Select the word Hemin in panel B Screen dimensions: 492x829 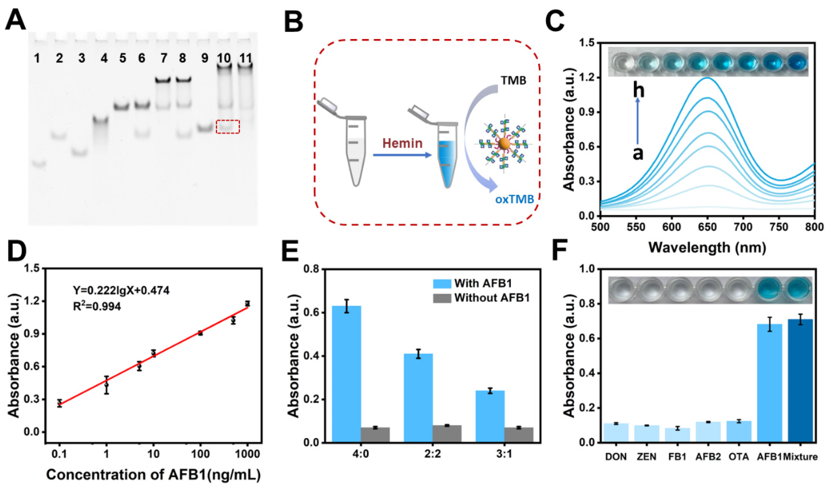(403, 143)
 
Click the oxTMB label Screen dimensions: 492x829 (514, 199)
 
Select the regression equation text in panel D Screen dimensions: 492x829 (121, 291)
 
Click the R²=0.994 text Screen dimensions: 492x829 (97, 307)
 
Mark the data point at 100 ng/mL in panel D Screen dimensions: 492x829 (200, 333)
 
